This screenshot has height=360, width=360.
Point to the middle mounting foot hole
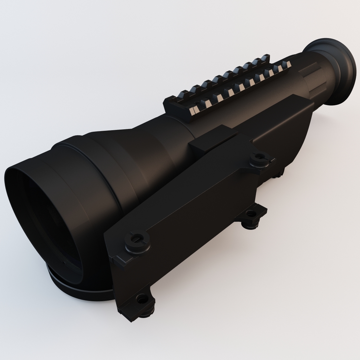coord(249,215)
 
